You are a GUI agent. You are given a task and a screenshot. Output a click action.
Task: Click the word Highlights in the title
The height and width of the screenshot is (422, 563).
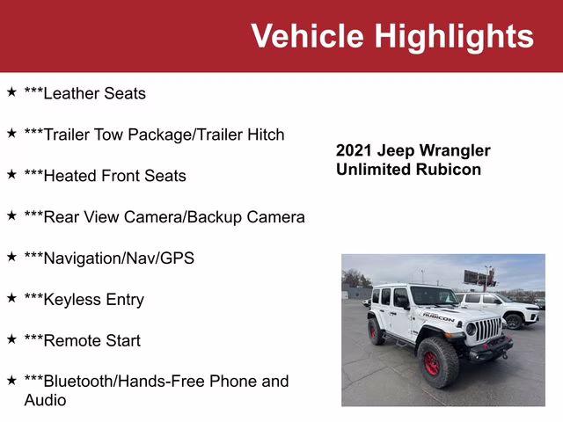pos(454,36)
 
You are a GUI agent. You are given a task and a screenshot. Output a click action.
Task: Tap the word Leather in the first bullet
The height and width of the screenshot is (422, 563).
pos(69,93)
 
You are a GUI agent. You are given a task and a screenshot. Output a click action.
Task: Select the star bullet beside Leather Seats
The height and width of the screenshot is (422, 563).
pos(11,92)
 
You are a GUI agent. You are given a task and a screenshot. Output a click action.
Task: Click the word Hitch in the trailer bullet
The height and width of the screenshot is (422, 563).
pos(264,135)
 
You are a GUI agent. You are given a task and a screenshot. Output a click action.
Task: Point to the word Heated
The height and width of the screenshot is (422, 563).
pos(70,176)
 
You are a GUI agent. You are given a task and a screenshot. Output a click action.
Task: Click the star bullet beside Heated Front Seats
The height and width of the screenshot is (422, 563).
pos(11,175)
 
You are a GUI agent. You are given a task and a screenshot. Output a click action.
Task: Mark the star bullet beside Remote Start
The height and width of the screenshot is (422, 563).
pos(11,339)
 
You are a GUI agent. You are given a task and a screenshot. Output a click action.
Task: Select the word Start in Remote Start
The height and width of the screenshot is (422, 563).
pos(121,341)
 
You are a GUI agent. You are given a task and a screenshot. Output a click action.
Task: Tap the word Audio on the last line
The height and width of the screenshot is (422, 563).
pos(45,400)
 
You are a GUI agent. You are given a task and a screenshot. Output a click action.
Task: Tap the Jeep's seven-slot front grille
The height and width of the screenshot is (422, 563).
pos(486,330)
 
